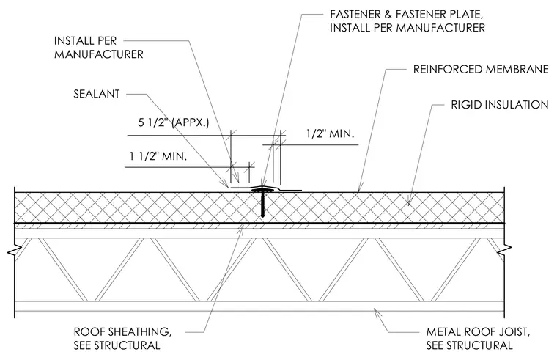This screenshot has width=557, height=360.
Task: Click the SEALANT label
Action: tap(97, 94)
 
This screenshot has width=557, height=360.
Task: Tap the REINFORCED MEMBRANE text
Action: tap(481, 69)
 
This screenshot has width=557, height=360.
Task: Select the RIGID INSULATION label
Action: tap(500, 105)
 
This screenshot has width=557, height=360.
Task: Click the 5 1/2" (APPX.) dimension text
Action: tap(174, 122)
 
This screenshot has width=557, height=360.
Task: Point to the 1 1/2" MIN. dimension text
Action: tap(158, 156)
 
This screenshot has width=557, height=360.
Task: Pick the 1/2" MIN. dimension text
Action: tap(331, 133)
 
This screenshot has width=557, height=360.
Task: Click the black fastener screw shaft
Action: tap(262, 205)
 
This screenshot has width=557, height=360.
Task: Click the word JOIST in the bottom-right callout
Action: tap(514, 332)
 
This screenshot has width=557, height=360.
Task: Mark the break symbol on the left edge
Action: tap(14, 250)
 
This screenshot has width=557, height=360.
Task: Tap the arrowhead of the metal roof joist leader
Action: tap(374, 310)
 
